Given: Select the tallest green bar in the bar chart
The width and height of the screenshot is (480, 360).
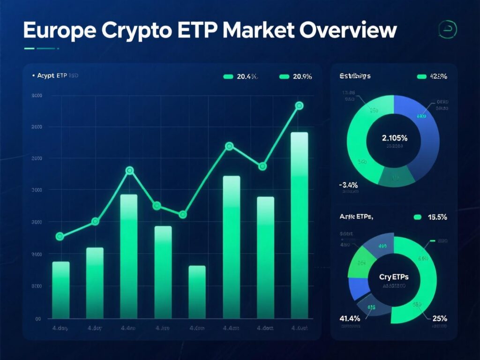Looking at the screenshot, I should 300,225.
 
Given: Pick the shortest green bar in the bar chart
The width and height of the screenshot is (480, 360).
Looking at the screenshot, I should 197,292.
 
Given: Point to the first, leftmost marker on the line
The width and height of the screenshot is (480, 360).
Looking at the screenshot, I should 60,237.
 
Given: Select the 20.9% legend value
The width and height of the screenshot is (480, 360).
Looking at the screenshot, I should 301,76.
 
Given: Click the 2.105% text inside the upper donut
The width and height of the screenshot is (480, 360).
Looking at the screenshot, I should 394,138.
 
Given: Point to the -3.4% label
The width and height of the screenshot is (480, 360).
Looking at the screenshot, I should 348,185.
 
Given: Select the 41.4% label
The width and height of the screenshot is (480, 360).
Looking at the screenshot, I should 349,319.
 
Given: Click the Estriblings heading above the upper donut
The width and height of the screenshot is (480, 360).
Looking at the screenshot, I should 354,76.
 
